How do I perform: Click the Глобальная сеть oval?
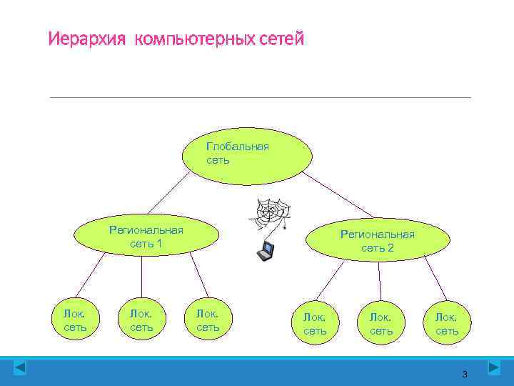click(246, 154)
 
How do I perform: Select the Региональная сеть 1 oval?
click(146, 237)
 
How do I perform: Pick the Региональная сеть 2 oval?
click(378, 241)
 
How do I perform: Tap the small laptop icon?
click(266, 250)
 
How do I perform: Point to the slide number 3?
click(465, 374)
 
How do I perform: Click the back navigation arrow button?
click(20, 368)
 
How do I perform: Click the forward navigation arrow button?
click(493, 368)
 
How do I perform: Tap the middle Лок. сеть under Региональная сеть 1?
click(141, 320)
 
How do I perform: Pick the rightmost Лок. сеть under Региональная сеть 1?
click(208, 320)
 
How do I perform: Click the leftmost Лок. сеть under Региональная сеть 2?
click(315, 323)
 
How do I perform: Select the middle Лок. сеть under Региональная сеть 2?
click(381, 323)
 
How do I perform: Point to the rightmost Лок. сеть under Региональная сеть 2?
click(447, 323)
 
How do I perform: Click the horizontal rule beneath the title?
click(260, 97)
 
